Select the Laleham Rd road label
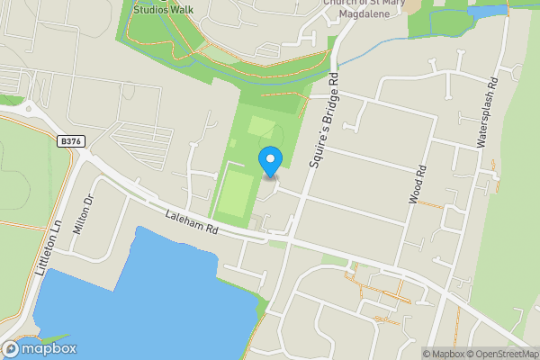tap(192, 221)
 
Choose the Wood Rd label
tap(418, 184)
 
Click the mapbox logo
tap(40, 348)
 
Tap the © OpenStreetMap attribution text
tap(502, 354)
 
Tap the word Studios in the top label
tap(149, 9)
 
